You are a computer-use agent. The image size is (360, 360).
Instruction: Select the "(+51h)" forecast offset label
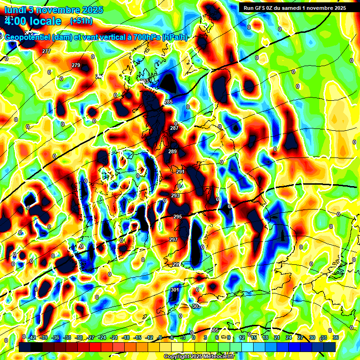click(x=81, y=21)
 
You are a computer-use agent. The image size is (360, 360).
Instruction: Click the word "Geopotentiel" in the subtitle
click(x=28, y=37)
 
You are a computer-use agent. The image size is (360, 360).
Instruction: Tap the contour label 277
click(x=46, y=51)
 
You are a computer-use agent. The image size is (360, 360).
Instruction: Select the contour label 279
click(x=76, y=65)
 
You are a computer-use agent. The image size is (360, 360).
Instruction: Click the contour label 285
click(x=168, y=102)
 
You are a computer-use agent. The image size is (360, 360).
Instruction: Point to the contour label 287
click(x=174, y=128)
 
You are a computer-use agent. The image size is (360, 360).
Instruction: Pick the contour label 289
click(x=172, y=151)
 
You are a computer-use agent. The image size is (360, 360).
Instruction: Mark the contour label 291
click(x=180, y=172)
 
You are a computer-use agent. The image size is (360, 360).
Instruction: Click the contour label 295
click(x=178, y=217)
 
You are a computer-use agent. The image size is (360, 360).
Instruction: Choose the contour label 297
click(x=173, y=240)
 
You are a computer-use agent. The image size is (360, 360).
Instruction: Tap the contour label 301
click(x=175, y=290)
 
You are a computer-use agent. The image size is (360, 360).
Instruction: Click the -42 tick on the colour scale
click(x=32, y=337)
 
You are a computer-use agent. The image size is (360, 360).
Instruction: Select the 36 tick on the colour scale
click(x=335, y=337)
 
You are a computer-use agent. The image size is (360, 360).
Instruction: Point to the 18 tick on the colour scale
click(x=265, y=337)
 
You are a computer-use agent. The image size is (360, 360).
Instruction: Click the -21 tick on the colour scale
click(x=114, y=337)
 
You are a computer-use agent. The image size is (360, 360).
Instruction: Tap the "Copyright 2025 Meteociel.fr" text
click(x=198, y=357)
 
